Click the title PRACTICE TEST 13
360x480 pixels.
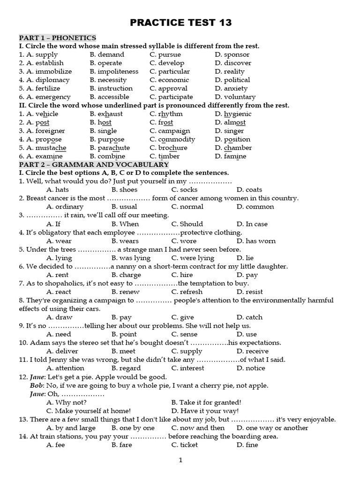pyautogui.click(x=180, y=23)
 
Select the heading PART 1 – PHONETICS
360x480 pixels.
pyautogui.click(x=57, y=37)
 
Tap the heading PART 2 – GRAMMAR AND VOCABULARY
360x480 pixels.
pyautogui.click(x=94, y=165)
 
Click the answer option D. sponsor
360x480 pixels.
pyautogui.click(x=232, y=54)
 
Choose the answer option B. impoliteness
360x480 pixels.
pyautogui.click(x=114, y=71)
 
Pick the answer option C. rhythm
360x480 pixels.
pyautogui.click(x=166, y=114)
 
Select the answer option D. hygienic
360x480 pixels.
pyautogui.click(x=233, y=114)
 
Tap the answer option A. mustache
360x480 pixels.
pyautogui.click(x=43, y=148)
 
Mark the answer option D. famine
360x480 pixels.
pyautogui.click(x=230, y=156)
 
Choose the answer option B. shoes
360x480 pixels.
pyautogui.click(x=124, y=190)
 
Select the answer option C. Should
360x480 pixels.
pyautogui.click(x=187, y=224)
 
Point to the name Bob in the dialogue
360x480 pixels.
pyautogui.click(x=36, y=385)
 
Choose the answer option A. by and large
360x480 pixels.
pyautogui.click(x=71, y=427)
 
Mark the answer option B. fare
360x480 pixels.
pyautogui.click(x=122, y=444)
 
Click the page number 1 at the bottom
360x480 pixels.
pyautogui.click(x=180, y=460)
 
